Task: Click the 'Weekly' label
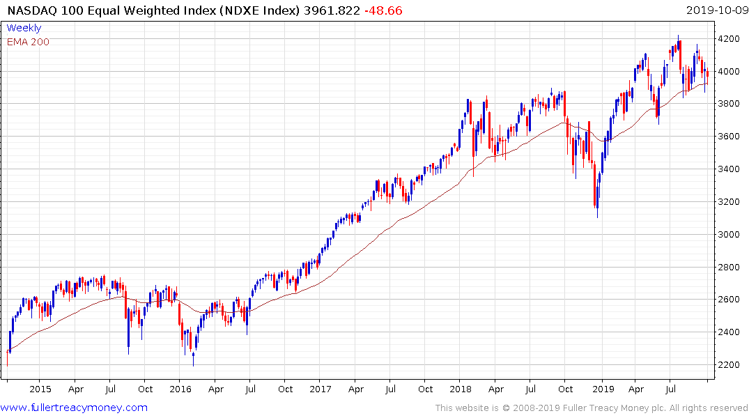click(24, 28)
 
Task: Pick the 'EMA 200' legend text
click(28, 42)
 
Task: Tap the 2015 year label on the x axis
click(40, 389)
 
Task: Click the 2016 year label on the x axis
click(180, 389)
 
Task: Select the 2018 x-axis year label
click(460, 389)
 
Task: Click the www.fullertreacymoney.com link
click(74, 408)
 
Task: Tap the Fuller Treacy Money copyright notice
click(592, 408)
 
